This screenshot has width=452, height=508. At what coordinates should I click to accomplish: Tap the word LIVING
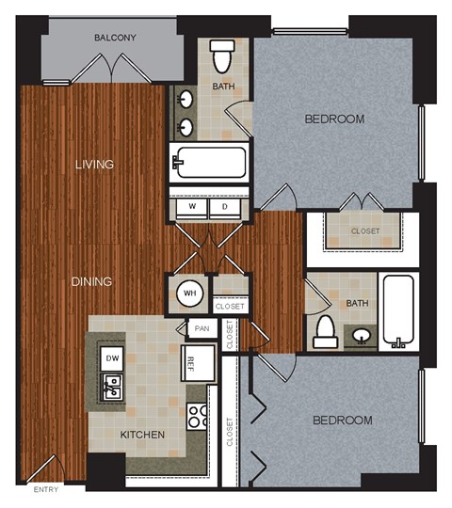(95, 165)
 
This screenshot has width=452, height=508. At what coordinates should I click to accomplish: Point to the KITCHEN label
(143, 435)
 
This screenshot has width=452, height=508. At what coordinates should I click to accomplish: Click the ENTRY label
(45, 490)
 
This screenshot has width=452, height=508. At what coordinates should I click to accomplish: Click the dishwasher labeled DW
(111, 358)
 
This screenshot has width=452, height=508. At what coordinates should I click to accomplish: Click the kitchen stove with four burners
(197, 415)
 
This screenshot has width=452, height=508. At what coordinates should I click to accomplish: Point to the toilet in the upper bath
(223, 56)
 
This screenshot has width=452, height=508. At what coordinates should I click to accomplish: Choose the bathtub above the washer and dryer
(209, 163)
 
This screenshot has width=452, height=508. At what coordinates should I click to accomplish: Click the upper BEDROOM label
(334, 119)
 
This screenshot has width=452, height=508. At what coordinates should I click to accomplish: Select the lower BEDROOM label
(342, 420)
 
